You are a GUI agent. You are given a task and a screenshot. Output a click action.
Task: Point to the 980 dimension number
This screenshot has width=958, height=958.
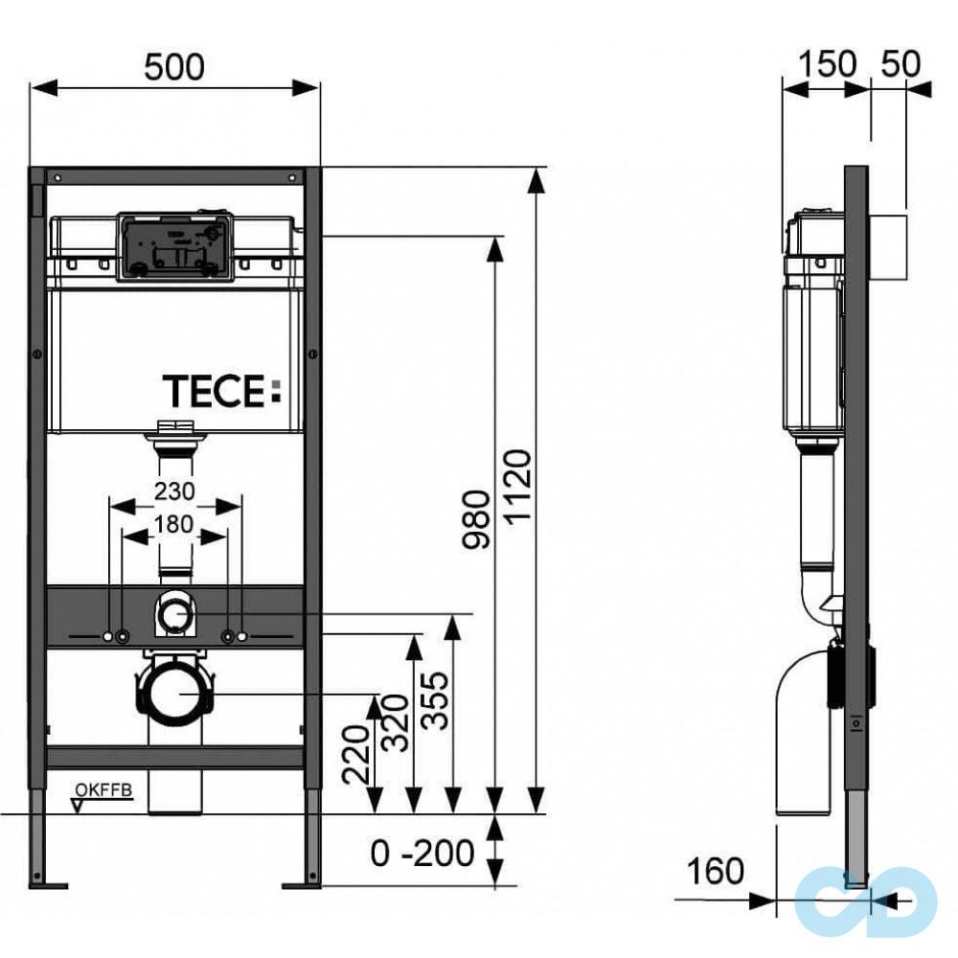coord(476,520)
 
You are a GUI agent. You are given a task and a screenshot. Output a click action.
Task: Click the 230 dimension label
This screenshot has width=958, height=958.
coord(174,491)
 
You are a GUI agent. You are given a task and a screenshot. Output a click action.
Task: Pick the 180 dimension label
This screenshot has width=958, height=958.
coord(174,524)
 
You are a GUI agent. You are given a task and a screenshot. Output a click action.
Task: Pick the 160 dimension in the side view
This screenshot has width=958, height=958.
coord(715,871)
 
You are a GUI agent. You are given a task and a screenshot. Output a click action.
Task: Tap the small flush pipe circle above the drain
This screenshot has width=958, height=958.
coord(173,613)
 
